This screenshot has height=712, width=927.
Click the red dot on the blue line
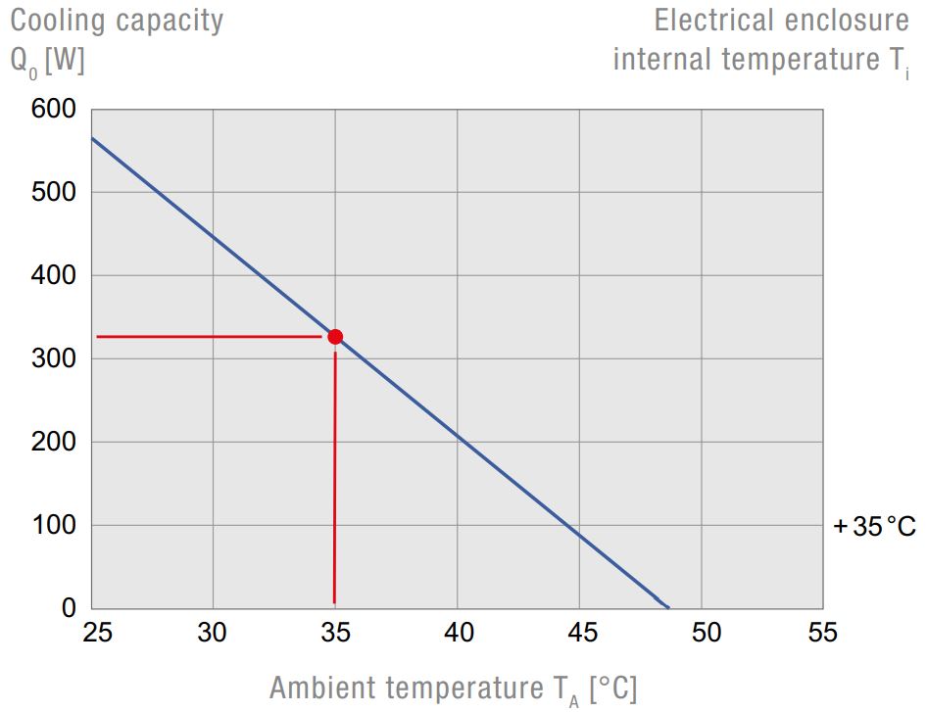335,337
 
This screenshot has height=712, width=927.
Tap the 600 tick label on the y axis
55,109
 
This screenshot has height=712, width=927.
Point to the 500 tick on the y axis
55,192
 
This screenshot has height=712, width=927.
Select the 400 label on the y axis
55,275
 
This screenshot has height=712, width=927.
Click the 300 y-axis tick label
55,358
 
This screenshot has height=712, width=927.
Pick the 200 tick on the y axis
55,442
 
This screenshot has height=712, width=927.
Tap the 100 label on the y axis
55,525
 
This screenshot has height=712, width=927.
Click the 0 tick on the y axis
69,608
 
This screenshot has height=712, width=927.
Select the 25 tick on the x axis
97,633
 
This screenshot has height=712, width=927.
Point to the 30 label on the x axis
213,633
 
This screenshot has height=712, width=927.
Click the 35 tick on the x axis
335,633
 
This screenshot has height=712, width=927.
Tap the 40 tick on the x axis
458,633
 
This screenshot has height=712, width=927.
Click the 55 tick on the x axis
823,633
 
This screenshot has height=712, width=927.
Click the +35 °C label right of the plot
874,527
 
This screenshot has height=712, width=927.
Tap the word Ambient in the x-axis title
321,688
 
